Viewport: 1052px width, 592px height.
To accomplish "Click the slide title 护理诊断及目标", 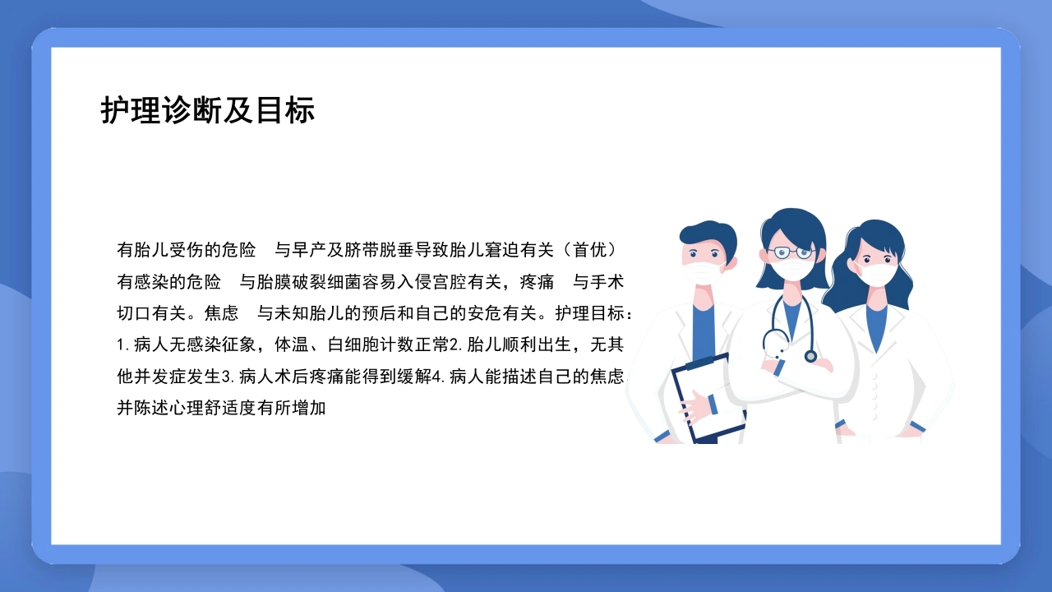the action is tap(208, 111).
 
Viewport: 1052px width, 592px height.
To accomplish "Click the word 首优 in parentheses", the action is tap(589, 250).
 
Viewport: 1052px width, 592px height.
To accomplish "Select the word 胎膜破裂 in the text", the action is tap(292, 282).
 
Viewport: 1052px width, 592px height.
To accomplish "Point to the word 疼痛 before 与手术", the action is tap(537, 282).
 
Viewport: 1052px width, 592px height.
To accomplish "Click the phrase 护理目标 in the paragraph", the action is tap(589, 313).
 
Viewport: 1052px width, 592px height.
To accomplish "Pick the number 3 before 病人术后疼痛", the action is tap(227, 377).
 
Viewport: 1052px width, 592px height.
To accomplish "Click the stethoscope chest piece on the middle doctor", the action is tap(810, 356).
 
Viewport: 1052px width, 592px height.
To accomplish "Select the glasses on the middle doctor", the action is tap(791, 252).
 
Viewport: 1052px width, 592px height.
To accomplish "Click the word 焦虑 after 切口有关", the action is tap(221, 313).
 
